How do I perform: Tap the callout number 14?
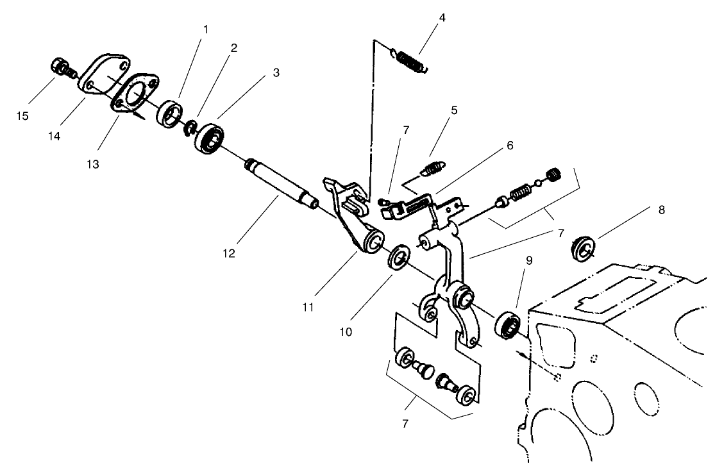click(55, 137)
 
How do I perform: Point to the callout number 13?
click(93, 165)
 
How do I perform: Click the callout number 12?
click(229, 254)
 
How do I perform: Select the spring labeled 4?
click(410, 62)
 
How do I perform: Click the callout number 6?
click(510, 146)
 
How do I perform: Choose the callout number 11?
click(308, 307)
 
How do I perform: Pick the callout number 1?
click(205, 29)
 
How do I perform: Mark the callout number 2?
click(235, 48)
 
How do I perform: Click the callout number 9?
click(529, 261)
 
